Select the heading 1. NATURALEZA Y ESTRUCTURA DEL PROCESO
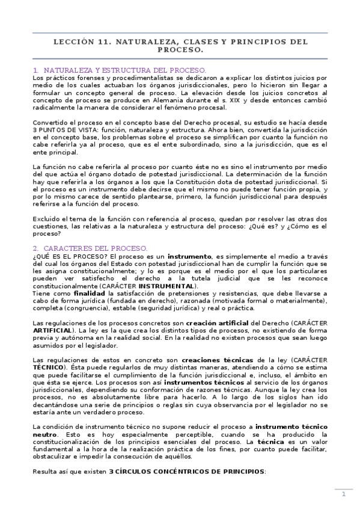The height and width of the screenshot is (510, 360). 120,70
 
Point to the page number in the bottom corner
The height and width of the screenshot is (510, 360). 343,494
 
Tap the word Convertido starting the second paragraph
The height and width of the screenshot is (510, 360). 52,123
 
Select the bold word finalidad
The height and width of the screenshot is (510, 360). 93,293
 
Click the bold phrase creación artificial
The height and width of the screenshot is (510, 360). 218,323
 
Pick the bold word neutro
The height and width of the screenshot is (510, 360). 46,434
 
